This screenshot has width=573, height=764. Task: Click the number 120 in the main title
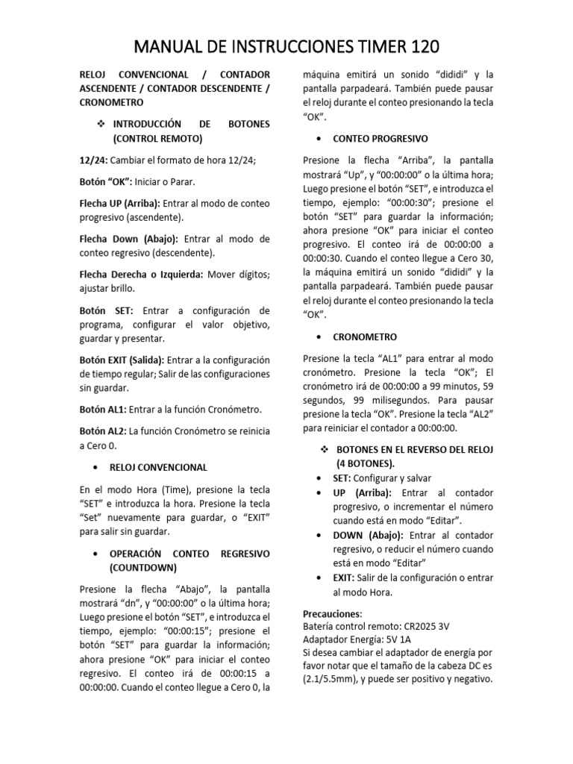pyautogui.click(x=419, y=47)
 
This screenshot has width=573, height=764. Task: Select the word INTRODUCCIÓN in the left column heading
pyautogui.click(x=147, y=123)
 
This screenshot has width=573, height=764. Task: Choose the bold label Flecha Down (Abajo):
pyautogui.click(x=128, y=239)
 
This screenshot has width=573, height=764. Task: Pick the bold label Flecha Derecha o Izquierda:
pyautogui.click(x=141, y=274)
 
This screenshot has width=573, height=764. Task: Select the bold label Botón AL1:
pyautogui.click(x=103, y=410)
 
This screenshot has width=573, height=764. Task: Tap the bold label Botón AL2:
pyautogui.click(x=103, y=431)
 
